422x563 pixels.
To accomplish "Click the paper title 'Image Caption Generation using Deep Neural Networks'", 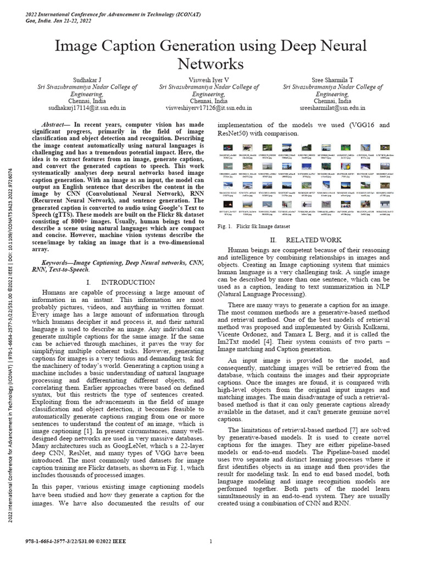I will coord(211,54).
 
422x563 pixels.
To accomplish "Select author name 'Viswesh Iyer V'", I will coord(209,80).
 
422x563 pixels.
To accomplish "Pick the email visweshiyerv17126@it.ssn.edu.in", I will coord(209,109).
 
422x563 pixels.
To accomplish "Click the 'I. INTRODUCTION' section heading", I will coord(121,282).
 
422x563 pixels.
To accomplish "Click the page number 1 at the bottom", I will coord(211,542).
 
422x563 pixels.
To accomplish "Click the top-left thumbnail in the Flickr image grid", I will coord(226,148).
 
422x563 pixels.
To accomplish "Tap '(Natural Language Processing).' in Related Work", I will coord(259,295).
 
